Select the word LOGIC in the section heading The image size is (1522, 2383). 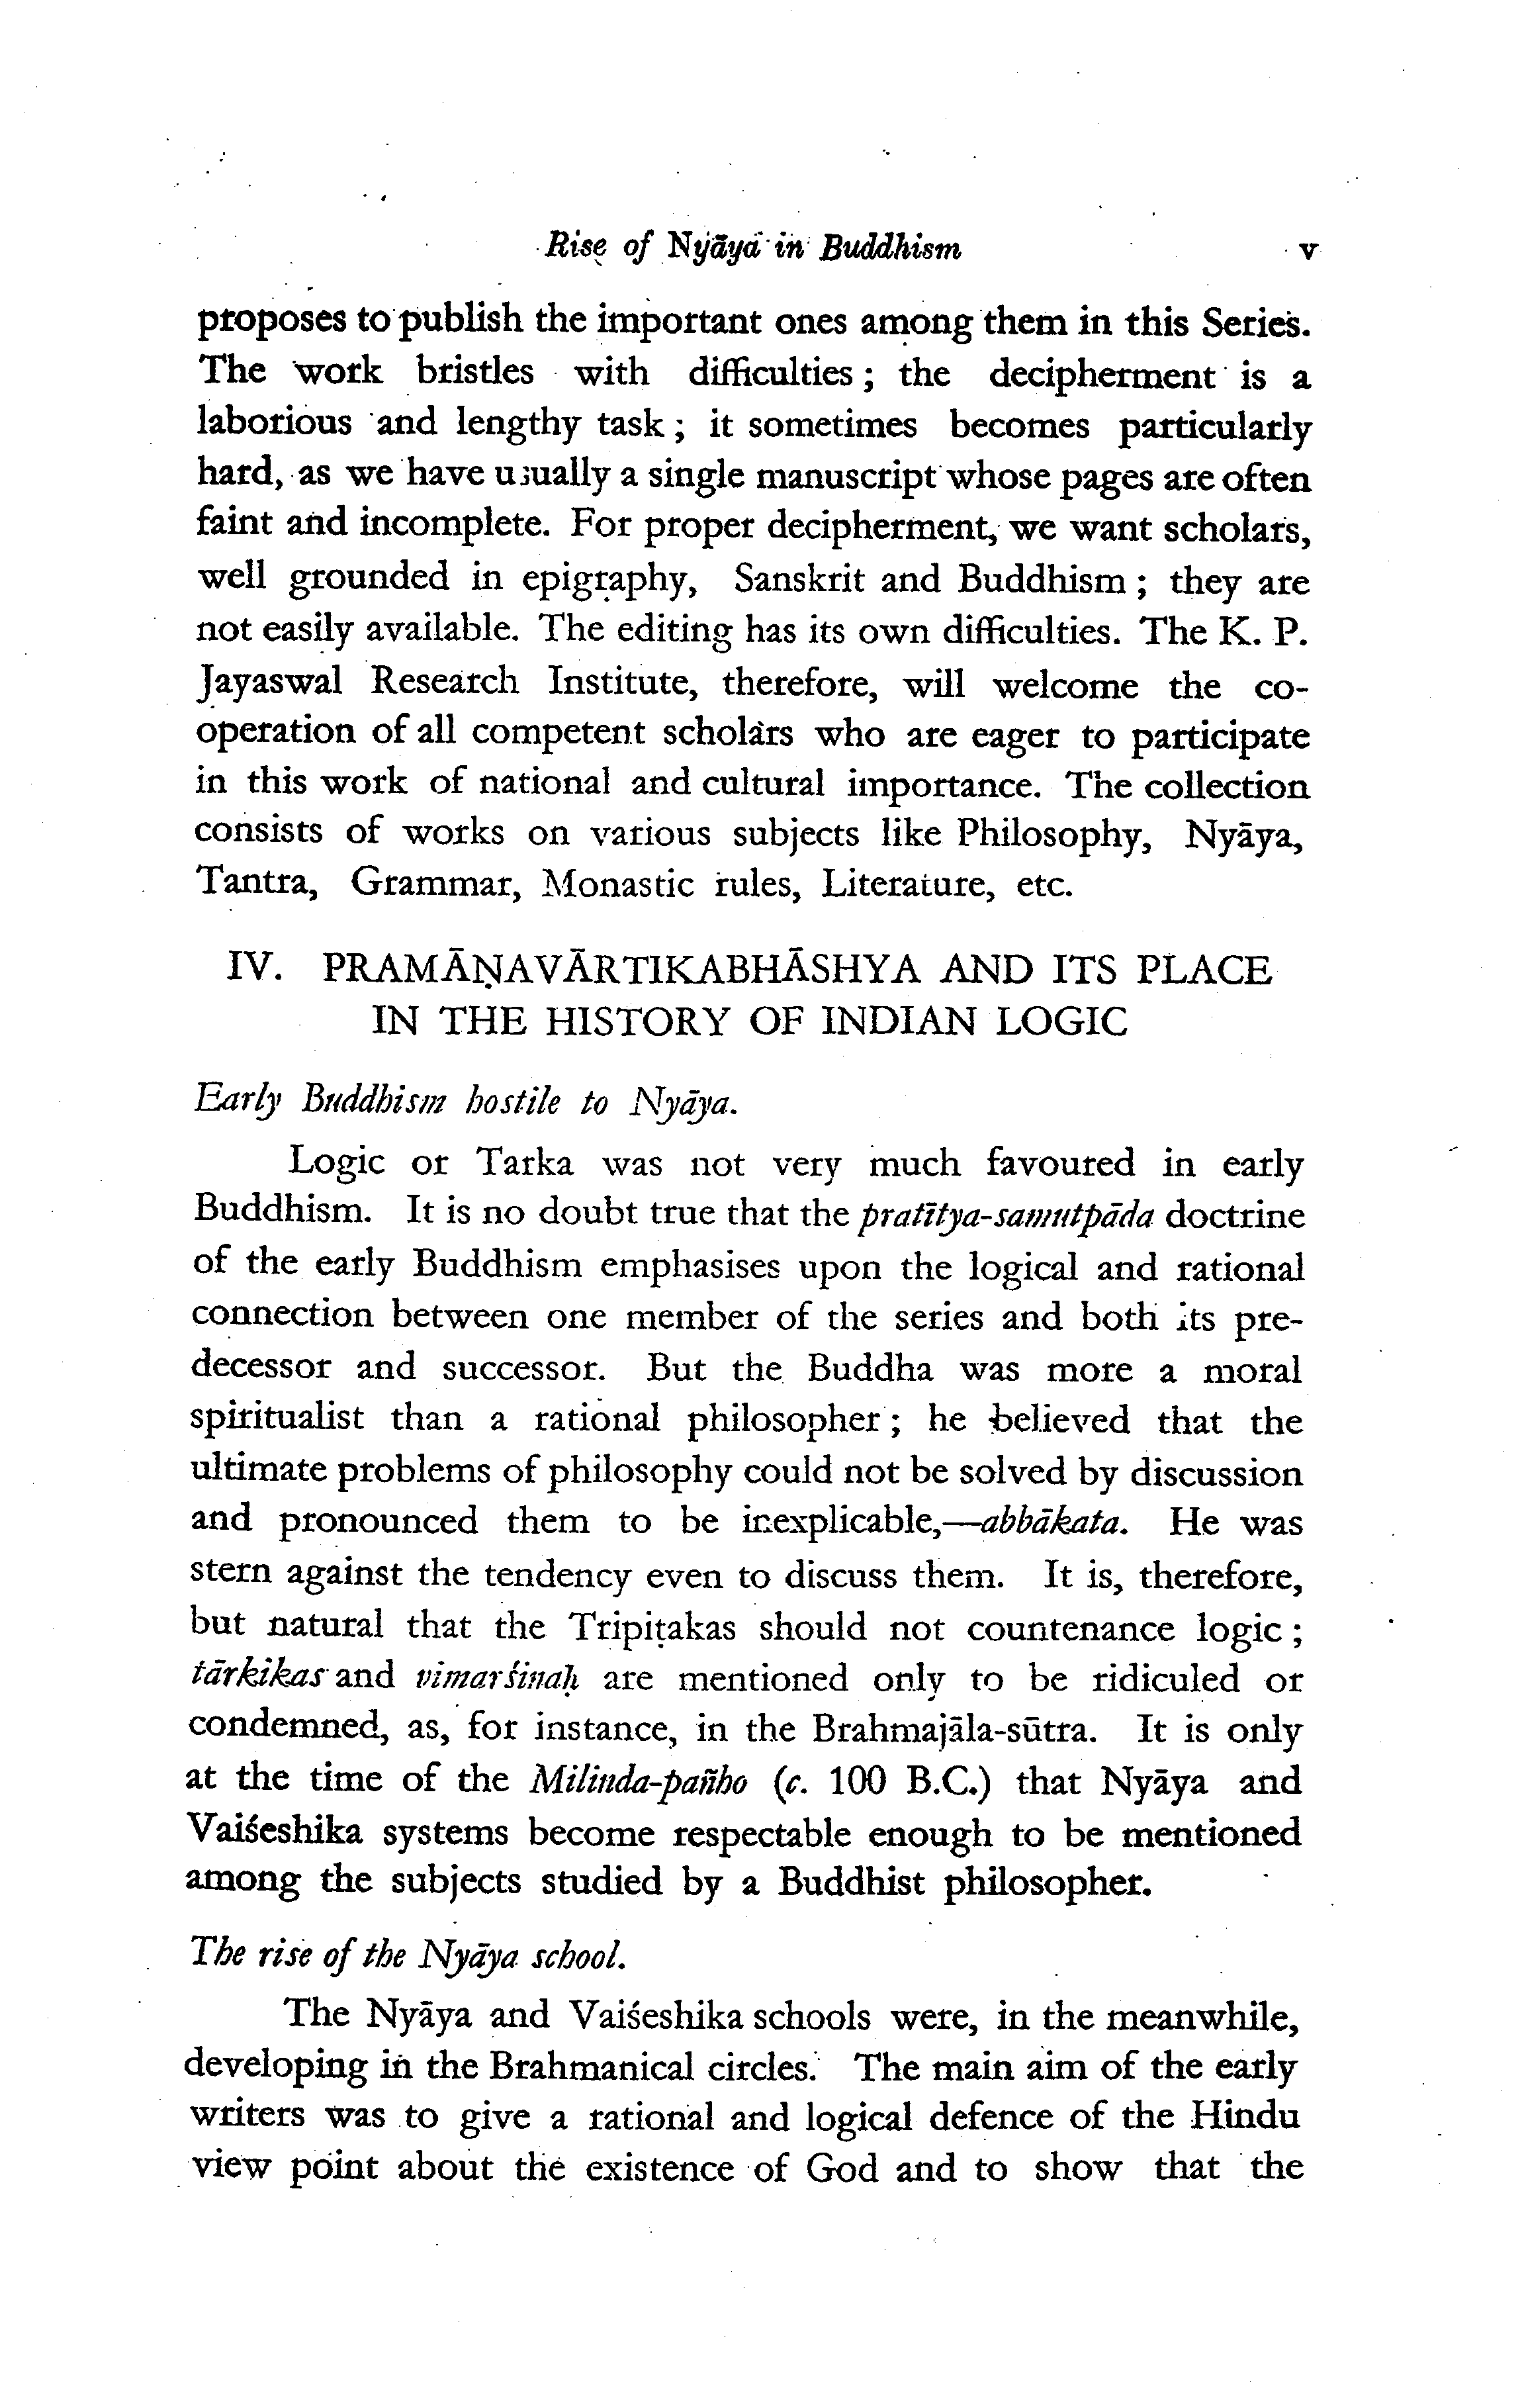click(x=1062, y=1020)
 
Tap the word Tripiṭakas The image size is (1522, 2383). click(x=653, y=1627)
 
